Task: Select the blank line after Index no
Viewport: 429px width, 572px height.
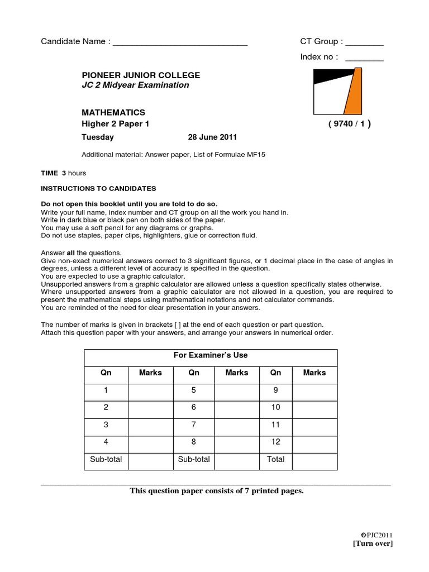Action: coord(364,58)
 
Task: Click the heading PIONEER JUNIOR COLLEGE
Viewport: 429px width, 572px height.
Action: coord(141,75)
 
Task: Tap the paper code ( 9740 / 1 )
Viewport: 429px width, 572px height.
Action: coord(349,124)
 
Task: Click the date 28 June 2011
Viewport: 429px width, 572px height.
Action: coord(212,137)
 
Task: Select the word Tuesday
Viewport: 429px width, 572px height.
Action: coord(98,137)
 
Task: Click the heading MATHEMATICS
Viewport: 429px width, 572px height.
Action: coord(113,112)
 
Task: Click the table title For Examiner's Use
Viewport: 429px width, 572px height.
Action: coord(211,355)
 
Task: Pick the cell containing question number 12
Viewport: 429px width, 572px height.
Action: coord(275,442)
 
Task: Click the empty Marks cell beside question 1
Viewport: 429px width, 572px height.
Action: coord(150,390)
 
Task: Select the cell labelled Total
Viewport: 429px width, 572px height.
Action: coord(275,459)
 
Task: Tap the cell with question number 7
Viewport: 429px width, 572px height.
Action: coord(193,425)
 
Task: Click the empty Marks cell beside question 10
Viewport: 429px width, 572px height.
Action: coord(314,407)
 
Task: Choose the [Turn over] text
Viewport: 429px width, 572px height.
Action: coord(373,544)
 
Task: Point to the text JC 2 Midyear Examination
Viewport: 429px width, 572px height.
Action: coord(135,85)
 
